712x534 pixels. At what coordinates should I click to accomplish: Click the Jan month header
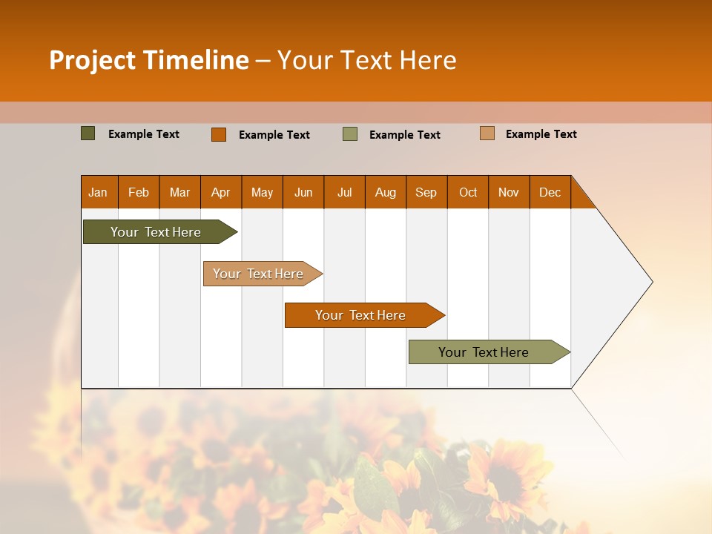[98, 192]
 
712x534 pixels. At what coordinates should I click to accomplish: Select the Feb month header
[139, 192]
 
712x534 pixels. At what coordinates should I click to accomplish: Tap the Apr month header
[220, 192]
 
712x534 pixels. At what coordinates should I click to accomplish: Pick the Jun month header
[303, 192]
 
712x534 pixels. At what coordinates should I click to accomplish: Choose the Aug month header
[385, 192]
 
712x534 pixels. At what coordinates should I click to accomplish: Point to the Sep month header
[426, 192]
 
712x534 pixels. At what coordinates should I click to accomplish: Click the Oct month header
[468, 192]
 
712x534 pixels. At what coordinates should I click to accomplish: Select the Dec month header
[550, 192]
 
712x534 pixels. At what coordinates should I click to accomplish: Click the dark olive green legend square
[88, 133]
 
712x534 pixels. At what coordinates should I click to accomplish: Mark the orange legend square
[219, 134]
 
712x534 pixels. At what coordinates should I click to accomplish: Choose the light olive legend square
[350, 134]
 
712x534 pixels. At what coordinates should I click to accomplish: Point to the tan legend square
[487, 133]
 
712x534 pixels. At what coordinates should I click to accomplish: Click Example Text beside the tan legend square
[541, 134]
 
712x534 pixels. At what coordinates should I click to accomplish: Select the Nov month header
[509, 192]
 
